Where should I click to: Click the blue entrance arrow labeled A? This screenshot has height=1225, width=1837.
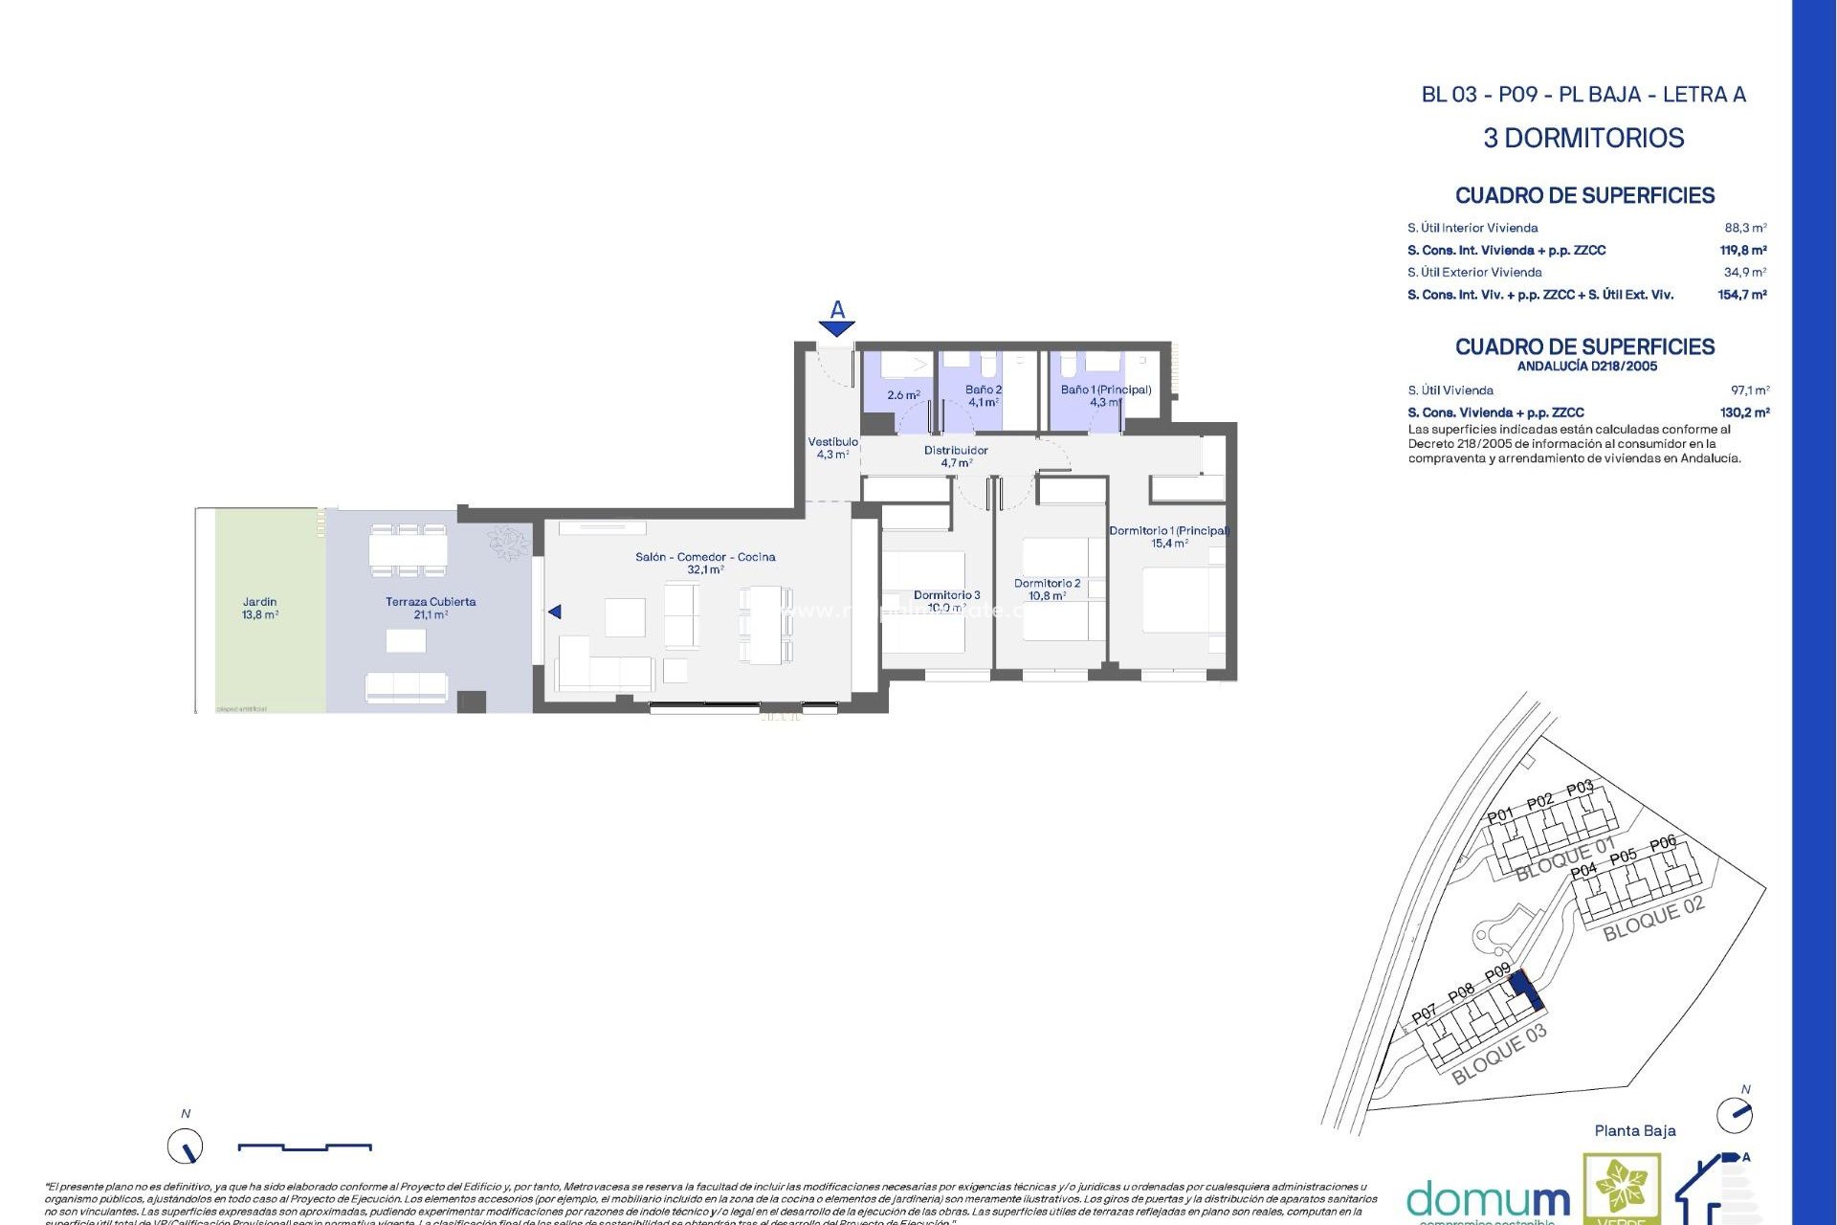pos(837,327)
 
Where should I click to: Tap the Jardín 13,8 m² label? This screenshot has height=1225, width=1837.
pos(259,609)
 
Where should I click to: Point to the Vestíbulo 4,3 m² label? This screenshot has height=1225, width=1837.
pos(832,448)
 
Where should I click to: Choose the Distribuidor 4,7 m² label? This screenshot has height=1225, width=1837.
pos(956,457)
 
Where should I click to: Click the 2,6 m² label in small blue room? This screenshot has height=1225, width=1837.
pos(903,395)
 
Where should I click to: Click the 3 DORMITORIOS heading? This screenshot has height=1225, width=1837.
pos(1583,138)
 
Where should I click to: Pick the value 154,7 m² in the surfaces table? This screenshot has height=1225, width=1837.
pos(1741,295)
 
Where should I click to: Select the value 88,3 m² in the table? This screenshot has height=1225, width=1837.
pos(1745,228)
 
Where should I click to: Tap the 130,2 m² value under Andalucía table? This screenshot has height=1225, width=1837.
pos(1744,412)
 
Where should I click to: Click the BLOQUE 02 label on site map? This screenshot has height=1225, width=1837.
pos(1653,920)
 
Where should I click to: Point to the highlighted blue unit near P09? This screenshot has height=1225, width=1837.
pos(1526,990)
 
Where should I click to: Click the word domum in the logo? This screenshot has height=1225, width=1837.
pos(1488,1200)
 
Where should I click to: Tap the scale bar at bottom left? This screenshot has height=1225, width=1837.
pos(304,1147)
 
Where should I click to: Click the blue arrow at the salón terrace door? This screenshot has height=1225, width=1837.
pos(555,612)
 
